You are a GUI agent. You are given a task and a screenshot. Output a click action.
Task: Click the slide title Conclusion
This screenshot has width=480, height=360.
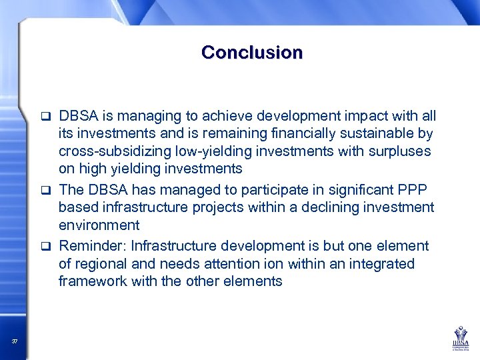tap(251, 52)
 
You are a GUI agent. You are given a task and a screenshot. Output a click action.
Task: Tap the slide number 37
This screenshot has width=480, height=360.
tap(15, 342)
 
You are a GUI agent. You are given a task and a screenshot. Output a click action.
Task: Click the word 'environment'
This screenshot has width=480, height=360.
tap(99, 225)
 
